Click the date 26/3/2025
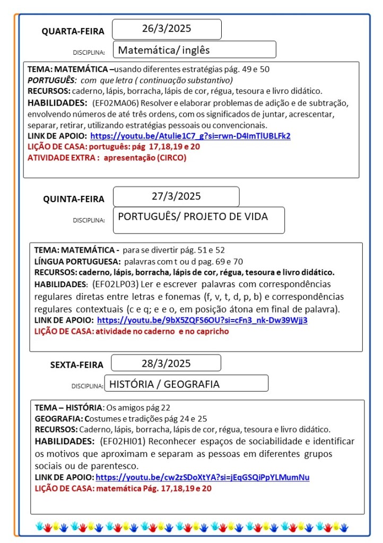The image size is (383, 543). [x=167, y=29]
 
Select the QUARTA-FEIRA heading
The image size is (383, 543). [x=73, y=31]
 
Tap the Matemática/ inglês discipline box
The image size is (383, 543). [x=194, y=50]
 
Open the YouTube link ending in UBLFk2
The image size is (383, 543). [x=190, y=135]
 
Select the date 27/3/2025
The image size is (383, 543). [x=176, y=196]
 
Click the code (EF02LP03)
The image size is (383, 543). [x=116, y=284]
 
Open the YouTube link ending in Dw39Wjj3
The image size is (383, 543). [x=202, y=320]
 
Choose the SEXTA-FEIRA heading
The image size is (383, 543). [x=77, y=365]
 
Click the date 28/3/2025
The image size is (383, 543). [x=166, y=363]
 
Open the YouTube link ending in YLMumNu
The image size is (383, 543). [x=203, y=477]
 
